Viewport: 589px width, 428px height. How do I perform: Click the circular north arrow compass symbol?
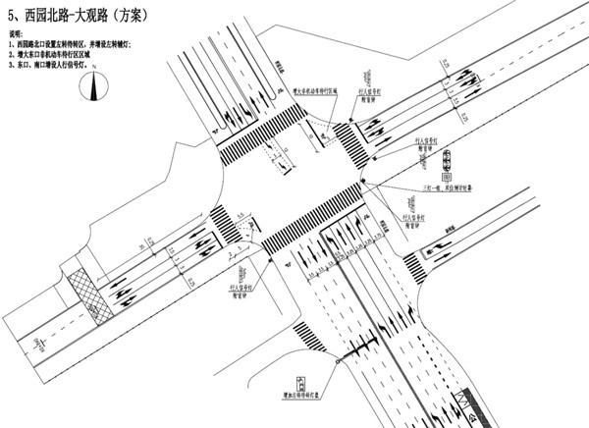tap(95, 91)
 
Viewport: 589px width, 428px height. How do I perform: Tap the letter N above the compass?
tap(95, 78)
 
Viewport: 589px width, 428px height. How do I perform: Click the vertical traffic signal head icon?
tap(448, 162)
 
